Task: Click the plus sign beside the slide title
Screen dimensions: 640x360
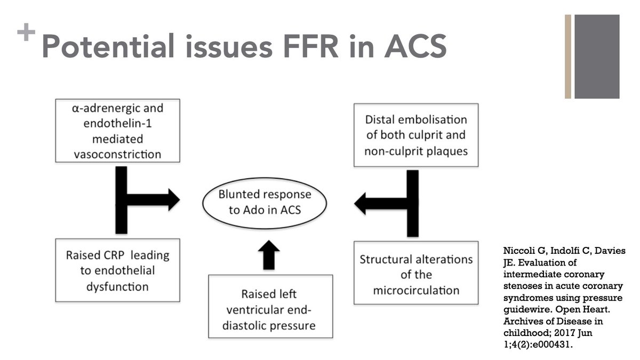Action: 26,31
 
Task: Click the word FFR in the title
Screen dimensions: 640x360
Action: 311,46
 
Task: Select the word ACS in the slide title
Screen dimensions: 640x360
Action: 415,46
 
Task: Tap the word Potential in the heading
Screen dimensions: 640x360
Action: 108,46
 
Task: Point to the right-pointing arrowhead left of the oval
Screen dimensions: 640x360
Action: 174,199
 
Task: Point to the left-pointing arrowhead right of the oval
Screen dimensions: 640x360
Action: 360,204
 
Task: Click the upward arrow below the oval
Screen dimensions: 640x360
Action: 269,255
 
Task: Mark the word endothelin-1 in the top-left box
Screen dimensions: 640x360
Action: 118,123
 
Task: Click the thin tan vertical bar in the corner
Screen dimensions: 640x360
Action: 568,57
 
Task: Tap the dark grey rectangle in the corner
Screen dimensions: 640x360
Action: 597,57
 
